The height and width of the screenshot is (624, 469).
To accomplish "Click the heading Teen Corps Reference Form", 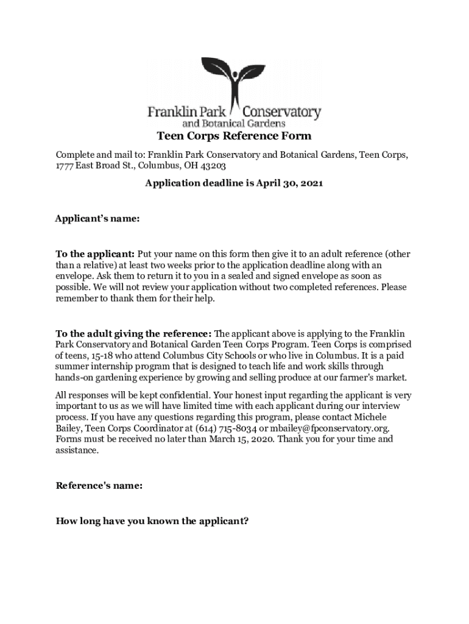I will click(x=234, y=136).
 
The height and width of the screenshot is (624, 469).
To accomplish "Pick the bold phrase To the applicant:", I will click(x=95, y=253).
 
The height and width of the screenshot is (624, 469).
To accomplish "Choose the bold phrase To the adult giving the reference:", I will click(x=134, y=333).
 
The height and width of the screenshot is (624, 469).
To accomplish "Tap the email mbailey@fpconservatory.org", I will click(x=328, y=428).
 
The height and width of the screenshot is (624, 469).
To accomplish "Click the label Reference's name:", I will click(x=99, y=486).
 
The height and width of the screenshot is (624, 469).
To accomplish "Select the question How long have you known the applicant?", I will click(x=152, y=521).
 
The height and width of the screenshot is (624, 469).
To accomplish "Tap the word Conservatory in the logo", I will click(x=282, y=112).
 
